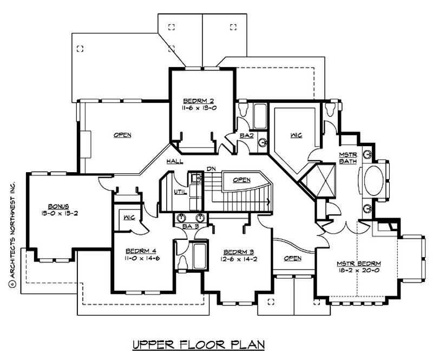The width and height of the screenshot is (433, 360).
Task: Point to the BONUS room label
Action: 57,206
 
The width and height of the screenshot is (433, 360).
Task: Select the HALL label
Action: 174,161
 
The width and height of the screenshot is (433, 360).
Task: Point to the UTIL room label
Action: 180,192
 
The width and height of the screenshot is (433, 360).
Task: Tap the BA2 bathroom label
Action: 247,135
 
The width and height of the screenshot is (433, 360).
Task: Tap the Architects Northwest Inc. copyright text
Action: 11,227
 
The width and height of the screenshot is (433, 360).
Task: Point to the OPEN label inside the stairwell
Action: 241,179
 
